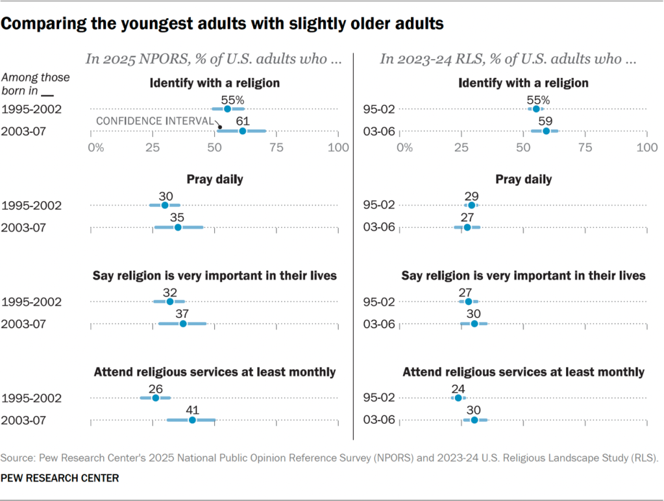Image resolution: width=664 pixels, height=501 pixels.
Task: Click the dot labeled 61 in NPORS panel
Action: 243,131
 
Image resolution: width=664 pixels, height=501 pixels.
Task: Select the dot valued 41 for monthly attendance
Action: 192,421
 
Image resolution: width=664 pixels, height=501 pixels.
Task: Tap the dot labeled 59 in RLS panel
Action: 546,131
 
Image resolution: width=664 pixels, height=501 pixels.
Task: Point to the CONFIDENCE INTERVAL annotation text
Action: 154,121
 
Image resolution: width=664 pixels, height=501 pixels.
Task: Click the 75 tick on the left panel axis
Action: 277,147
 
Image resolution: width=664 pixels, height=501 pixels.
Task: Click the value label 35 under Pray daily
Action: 178,217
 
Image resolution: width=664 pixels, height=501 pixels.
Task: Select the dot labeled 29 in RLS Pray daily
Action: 472,205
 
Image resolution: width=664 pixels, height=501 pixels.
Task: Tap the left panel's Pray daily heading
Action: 215,179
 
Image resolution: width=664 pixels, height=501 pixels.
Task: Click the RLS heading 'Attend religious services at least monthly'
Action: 523,372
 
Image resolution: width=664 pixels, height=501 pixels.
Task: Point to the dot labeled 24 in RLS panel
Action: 458,398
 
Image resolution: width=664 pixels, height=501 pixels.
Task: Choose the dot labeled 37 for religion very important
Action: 183,324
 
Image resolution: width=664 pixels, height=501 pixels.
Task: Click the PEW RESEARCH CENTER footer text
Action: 60,478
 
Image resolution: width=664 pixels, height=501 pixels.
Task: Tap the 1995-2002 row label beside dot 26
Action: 32,398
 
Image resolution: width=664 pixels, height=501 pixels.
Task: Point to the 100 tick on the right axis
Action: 646,147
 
